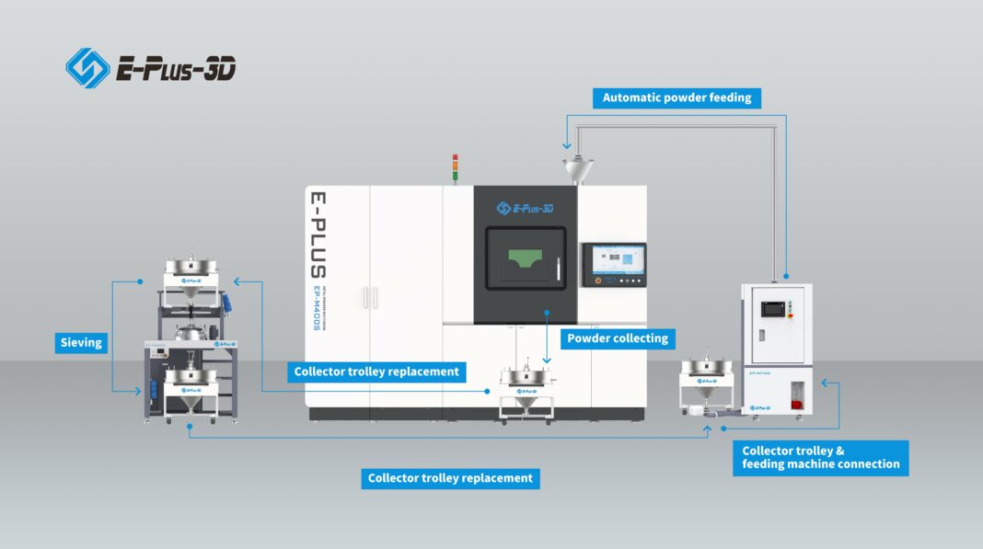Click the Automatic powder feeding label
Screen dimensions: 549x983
[677, 97]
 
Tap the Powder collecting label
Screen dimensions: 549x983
[618, 338]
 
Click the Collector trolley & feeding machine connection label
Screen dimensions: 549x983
[821, 457]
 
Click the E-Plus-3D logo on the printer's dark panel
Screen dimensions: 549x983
[525, 208]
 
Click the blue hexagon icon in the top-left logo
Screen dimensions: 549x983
[87, 68]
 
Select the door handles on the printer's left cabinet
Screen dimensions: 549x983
[370, 297]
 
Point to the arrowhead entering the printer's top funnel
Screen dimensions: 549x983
[563, 145]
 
